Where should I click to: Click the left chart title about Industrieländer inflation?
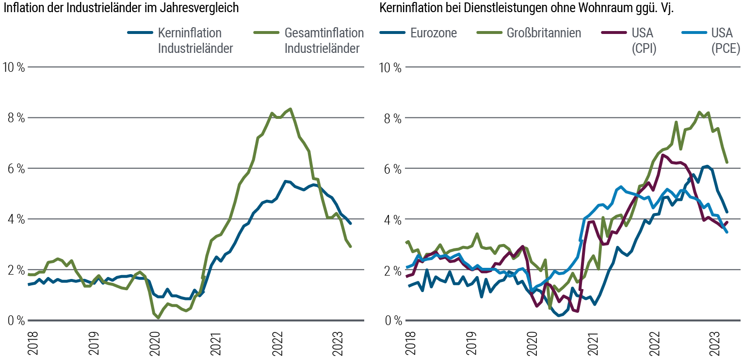(121, 8)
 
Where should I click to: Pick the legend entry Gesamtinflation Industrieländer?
(324, 41)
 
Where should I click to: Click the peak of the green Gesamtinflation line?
(290, 109)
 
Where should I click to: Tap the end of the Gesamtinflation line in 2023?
(351, 246)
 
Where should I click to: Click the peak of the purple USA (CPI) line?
(663, 155)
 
